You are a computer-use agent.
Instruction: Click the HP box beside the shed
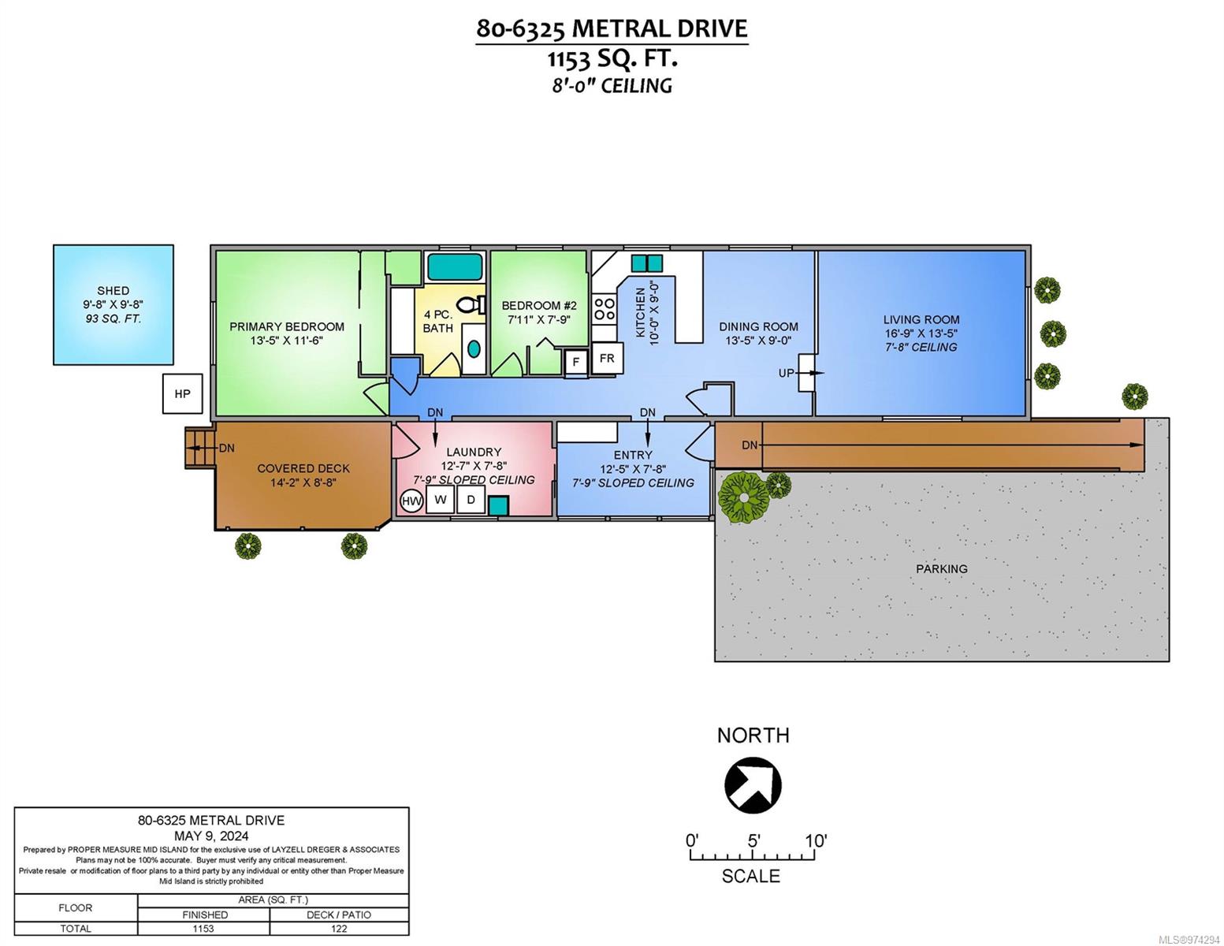point(182,393)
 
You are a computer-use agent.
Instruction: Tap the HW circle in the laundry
point(411,501)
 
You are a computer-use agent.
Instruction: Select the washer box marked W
point(440,499)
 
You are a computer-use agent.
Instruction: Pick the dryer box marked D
point(471,499)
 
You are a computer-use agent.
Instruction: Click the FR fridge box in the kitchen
point(607,358)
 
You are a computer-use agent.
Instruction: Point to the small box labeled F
point(575,361)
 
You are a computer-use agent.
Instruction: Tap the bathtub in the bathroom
point(455,267)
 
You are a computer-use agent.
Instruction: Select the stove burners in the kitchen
point(605,309)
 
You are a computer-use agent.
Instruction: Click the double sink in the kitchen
point(646,263)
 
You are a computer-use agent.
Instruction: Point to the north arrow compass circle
point(753,785)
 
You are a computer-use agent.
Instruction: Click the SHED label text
point(113,291)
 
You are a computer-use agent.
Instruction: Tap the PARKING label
point(941,568)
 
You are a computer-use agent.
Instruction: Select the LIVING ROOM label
point(921,319)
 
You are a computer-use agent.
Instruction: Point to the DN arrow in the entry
point(647,433)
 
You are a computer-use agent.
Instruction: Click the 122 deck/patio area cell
point(339,929)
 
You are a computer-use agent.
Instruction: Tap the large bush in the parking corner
point(743,497)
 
